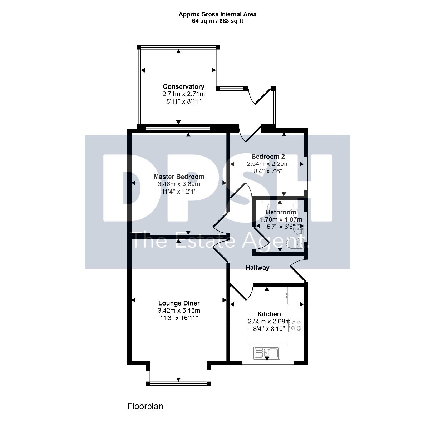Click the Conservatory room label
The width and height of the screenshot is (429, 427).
183,86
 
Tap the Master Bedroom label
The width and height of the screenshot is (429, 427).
179,177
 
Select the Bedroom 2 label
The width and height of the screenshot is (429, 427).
268,157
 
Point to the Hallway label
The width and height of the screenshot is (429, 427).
257,268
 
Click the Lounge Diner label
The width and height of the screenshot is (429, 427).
179,303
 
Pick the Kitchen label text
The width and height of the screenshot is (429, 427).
269,314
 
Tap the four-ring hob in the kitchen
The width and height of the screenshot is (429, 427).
295,325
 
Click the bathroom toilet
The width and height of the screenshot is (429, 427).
294,244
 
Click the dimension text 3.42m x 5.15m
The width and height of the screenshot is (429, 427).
179,311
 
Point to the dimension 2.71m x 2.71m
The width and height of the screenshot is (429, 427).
183,94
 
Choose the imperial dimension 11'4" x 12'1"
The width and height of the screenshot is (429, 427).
179,192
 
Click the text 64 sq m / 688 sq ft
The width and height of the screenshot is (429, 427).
217,21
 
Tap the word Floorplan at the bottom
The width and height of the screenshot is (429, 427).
145,406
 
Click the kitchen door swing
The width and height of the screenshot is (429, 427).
242,292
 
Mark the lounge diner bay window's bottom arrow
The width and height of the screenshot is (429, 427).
178,379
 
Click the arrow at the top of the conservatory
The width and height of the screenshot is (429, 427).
178,51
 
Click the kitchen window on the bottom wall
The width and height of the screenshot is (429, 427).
268,363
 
